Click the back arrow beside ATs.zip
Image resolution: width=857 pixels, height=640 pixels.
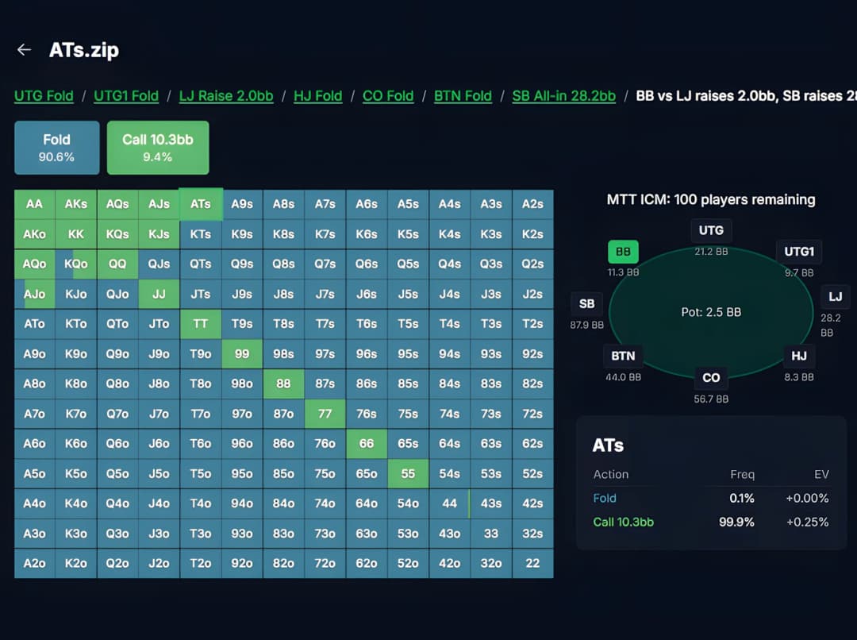24,50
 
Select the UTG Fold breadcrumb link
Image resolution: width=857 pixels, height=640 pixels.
44,96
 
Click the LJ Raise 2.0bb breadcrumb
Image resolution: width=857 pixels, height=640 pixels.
226,96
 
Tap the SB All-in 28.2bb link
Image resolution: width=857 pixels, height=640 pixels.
563,96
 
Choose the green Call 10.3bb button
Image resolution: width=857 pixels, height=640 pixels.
158,147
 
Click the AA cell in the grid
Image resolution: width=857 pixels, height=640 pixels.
34,204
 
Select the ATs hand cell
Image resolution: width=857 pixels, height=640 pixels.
201,204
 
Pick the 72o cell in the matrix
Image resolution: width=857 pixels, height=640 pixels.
325,563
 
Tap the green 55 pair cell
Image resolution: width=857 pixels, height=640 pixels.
408,473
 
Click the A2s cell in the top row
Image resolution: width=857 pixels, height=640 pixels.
532,204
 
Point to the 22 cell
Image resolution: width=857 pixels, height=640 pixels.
532,563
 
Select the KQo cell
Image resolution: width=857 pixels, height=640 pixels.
76,264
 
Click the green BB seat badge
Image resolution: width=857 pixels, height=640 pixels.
623,253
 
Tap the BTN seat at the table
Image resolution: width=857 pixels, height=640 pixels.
623,356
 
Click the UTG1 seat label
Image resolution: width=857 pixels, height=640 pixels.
799,253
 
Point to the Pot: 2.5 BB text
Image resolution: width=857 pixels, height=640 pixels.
711,312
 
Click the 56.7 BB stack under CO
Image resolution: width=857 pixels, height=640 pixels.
711,399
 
